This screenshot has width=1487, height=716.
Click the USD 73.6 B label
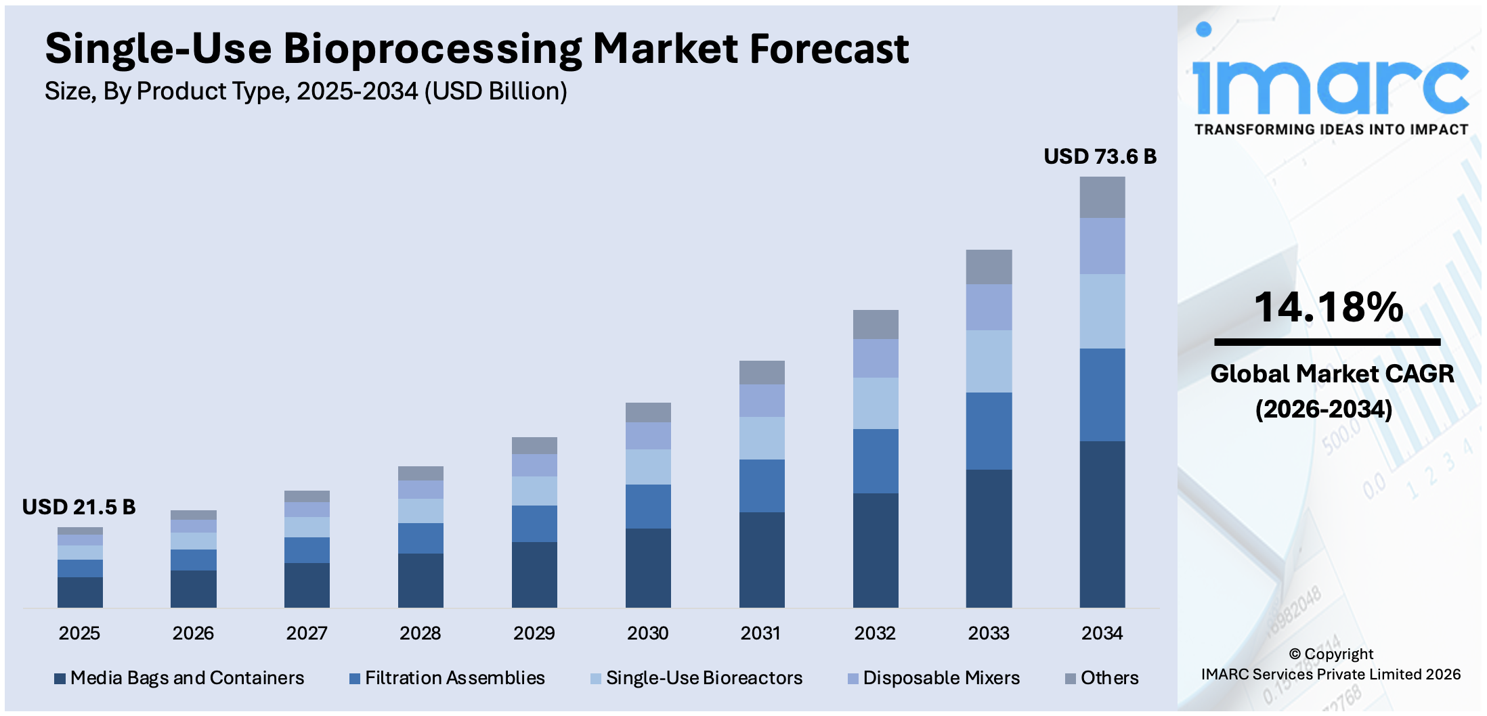coord(1100,156)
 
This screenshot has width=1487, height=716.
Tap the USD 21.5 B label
coord(79,507)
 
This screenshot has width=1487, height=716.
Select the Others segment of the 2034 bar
coord(1102,197)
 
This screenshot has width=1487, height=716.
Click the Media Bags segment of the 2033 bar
coord(989,538)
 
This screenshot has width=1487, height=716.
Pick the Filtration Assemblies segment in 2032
coord(876,461)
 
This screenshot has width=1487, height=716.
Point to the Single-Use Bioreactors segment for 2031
coord(762,438)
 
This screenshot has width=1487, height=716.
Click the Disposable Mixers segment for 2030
coord(648,436)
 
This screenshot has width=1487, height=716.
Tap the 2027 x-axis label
coord(306,633)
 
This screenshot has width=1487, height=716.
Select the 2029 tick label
coord(534,633)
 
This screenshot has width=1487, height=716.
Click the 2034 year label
coord(1102,633)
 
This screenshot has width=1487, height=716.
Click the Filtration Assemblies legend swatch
coord(354,679)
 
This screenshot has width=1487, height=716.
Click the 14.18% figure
coord(1328,307)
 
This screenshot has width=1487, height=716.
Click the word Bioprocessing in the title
coord(432,49)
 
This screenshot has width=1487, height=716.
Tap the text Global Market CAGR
coord(1331,374)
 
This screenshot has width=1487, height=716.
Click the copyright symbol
coord(1295,654)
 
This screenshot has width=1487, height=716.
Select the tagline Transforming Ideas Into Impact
coord(1331,130)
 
